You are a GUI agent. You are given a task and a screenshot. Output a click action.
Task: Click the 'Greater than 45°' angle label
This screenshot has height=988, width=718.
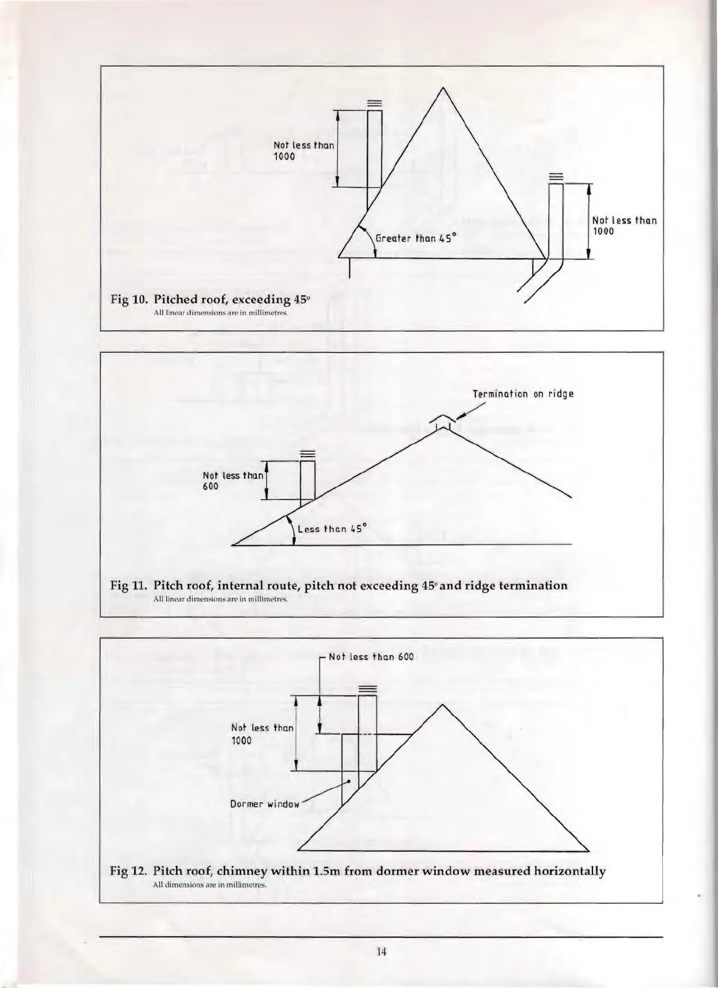point(416,238)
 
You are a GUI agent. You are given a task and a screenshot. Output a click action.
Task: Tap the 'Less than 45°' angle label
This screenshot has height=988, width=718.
point(332,529)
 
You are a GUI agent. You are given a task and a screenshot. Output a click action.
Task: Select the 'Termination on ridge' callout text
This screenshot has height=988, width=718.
point(523,394)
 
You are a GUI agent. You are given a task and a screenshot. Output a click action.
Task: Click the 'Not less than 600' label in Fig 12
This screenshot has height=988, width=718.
point(371,657)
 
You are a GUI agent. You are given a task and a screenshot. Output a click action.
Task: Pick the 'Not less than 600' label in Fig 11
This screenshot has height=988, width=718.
point(233,481)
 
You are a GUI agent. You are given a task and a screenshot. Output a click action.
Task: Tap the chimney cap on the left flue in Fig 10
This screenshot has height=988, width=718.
point(374,104)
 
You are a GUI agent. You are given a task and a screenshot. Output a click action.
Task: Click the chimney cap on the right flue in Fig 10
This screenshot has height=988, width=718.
point(556,177)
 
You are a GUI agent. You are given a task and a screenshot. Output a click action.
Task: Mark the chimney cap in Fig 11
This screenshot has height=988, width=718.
point(307,454)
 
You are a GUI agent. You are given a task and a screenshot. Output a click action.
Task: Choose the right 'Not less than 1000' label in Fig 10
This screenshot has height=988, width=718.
point(624,226)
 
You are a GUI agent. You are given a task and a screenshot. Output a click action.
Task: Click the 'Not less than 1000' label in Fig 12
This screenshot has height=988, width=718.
point(262,734)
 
